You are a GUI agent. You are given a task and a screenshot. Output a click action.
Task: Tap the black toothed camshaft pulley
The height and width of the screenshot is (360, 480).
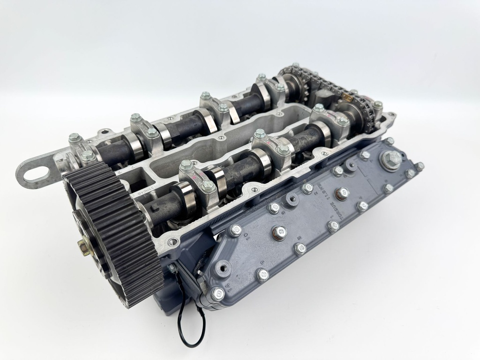click(x=110, y=234)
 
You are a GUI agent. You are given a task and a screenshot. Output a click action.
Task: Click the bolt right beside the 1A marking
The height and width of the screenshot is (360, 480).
click(x=217, y=294)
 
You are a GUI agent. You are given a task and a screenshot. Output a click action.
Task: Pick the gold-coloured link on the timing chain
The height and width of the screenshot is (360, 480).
click(x=347, y=97)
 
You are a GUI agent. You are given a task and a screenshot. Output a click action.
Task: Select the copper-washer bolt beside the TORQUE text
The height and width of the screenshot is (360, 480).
click(x=343, y=193)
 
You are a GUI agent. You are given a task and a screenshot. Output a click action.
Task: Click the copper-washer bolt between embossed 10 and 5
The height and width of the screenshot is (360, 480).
click(x=280, y=232)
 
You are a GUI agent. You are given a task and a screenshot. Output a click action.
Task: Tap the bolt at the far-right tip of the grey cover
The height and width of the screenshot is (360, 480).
click(x=419, y=166)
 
